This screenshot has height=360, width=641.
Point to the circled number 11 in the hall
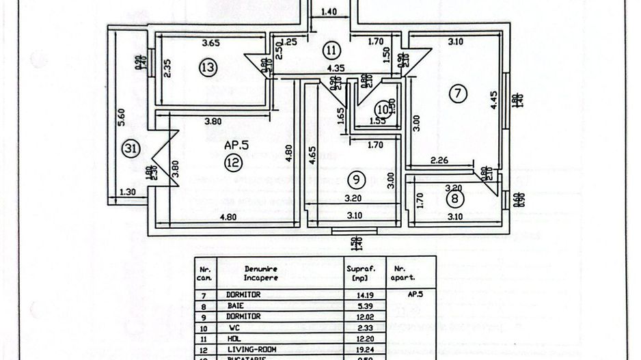tap(331, 50)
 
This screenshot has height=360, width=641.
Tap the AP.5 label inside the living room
tap(236, 146)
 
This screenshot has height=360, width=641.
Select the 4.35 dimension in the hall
tap(334, 68)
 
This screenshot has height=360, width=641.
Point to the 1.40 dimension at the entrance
tap(329, 12)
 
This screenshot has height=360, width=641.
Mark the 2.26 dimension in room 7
tap(439, 161)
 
